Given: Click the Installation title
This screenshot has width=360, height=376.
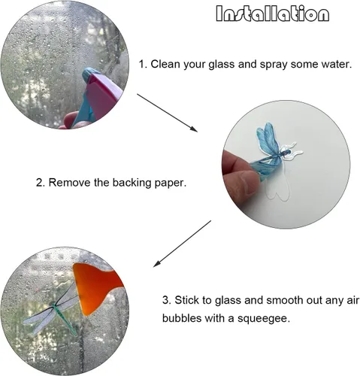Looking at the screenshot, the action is (x=272, y=14).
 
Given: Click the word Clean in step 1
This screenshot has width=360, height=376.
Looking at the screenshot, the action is (x=165, y=64).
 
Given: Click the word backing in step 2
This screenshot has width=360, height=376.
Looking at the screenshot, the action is (x=132, y=183).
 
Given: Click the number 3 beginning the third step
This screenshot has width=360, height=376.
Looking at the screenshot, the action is (x=165, y=300).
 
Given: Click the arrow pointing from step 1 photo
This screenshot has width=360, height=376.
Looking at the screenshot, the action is (x=167, y=113).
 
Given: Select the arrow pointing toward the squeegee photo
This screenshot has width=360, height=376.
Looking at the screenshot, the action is (x=182, y=244).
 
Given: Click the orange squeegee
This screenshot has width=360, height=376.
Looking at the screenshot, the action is (x=95, y=288).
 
